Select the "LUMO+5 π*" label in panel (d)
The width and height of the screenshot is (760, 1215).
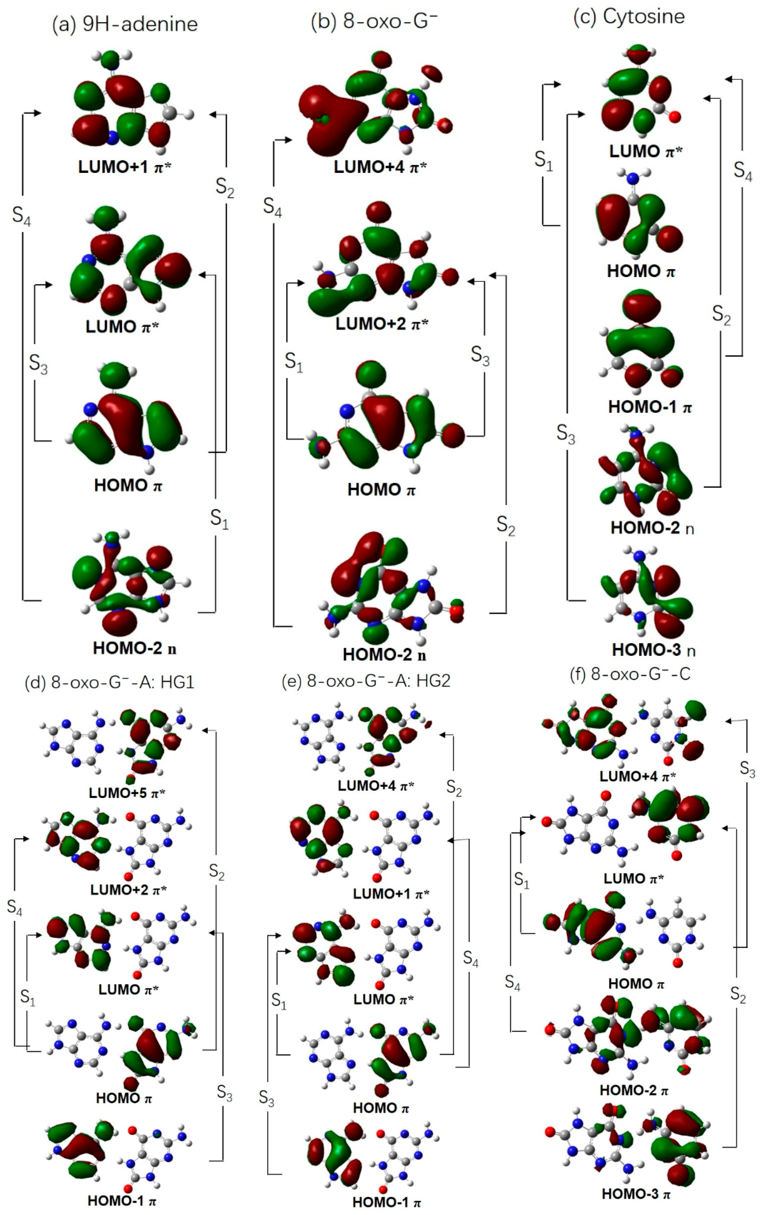coord(127,793)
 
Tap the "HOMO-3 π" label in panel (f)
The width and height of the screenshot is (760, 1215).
coord(636,1194)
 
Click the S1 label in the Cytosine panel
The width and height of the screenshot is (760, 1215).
coord(543,161)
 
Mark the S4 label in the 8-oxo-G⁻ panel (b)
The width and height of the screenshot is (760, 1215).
coord(272,207)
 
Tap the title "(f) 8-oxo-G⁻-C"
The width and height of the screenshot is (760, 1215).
coord(640,674)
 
